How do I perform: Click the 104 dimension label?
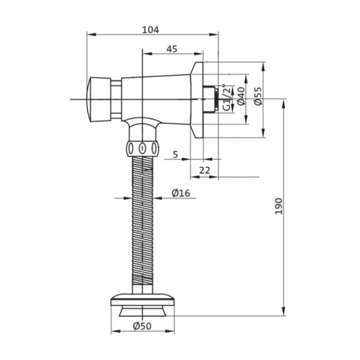[150, 30]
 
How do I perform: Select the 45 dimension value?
[172, 49]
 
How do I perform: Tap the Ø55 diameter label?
[258, 96]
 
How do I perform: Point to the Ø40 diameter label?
[241, 96]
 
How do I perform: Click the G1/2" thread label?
[227, 97]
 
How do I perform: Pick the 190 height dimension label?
[279, 206]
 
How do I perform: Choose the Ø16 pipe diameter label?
[181, 193]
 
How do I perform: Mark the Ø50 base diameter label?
[142, 326]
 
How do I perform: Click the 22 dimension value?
[205, 170]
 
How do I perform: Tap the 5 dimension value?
[176, 155]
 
